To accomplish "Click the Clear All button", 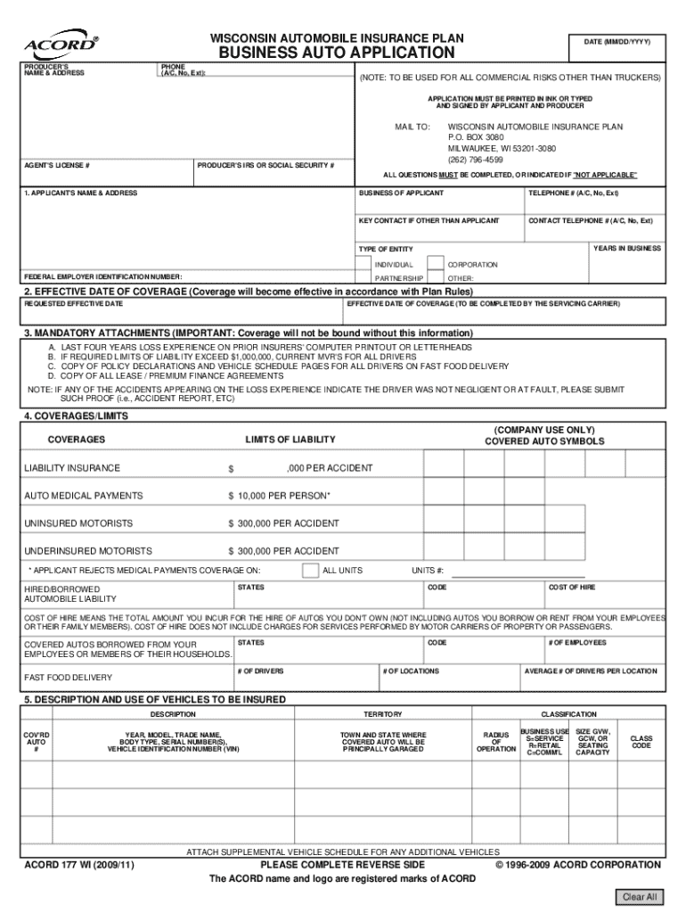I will point(639,896).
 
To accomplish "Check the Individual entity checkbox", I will point(363,264).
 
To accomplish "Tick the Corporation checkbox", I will point(435,264).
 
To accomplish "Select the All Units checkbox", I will point(309,570).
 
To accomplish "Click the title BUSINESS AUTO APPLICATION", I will point(338,53).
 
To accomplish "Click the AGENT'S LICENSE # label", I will point(57,166).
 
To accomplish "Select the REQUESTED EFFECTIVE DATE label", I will point(73,304).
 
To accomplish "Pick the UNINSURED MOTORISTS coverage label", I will point(78,522).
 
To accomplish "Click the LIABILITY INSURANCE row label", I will point(72,468).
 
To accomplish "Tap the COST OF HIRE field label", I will point(571,588).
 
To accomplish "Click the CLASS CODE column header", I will point(641,742).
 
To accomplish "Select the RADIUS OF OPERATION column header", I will point(496,742).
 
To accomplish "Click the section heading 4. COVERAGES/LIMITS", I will point(76,415).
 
